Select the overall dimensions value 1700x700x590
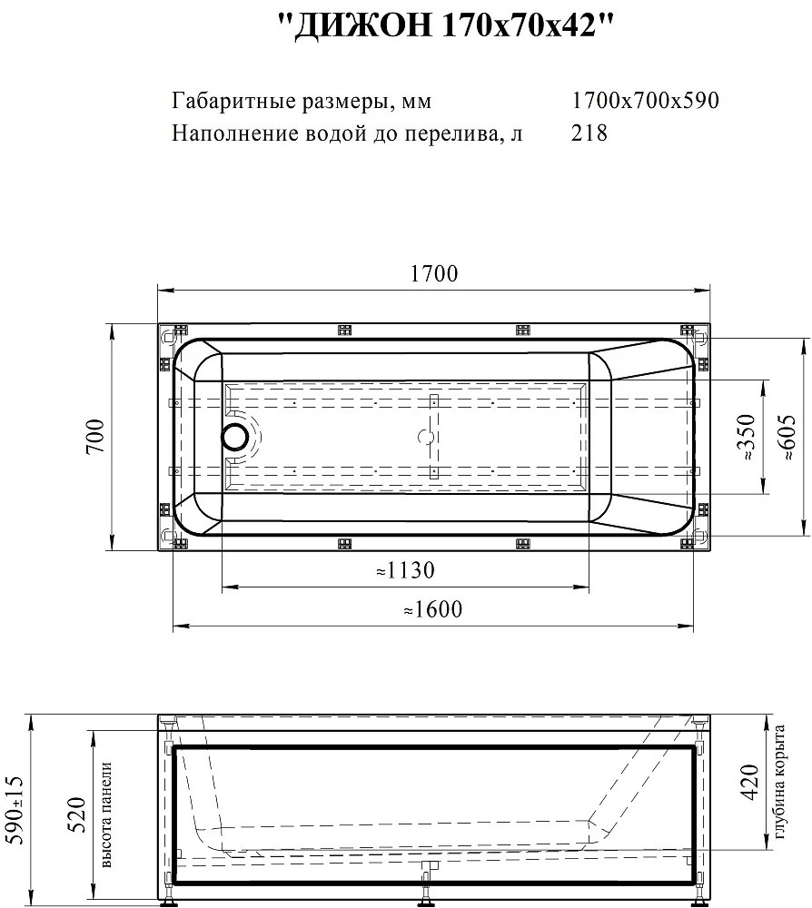point(645,101)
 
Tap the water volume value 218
point(589,133)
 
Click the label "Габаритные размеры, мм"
point(302,102)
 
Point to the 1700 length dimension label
point(434,273)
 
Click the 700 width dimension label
point(95,436)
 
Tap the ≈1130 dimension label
point(405,570)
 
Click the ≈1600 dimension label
point(432,609)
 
